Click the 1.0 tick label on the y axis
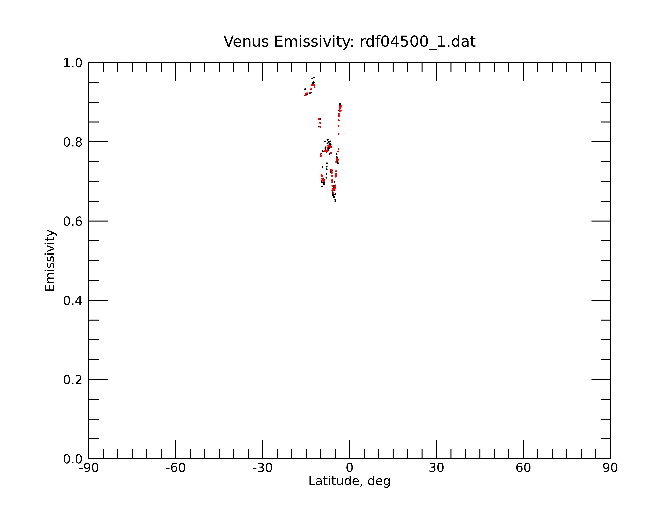click(73, 63)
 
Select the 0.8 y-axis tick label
click(73, 142)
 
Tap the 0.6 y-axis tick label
click(73, 221)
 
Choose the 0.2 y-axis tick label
click(73, 380)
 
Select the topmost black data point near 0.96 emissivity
click(314, 78)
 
